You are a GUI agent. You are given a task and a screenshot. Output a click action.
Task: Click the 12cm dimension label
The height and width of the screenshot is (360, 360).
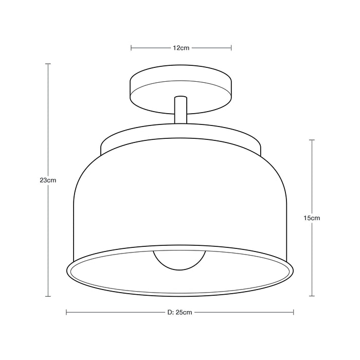click(x=181, y=48)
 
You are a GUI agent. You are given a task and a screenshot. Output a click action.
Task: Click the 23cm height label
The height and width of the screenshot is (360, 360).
click(x=47, y=181)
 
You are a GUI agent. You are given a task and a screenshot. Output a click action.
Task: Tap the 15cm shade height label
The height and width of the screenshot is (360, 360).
click(x=312, y=218)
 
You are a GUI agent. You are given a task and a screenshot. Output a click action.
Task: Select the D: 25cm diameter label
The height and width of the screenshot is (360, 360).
click(x=179, y=312)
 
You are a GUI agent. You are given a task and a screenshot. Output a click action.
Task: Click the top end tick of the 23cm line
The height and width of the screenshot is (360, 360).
click(x=48, y=64)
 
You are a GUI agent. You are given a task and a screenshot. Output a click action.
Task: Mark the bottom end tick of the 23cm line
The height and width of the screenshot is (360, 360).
click(x=48, y=296)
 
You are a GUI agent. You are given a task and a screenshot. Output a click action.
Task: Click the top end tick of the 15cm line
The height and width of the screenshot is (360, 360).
click(x=312, y=139)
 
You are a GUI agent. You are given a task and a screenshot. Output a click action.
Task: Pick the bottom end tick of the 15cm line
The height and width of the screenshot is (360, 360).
click(x=312, y=296)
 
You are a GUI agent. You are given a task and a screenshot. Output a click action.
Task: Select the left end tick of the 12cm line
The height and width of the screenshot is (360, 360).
click(x=132, y=48)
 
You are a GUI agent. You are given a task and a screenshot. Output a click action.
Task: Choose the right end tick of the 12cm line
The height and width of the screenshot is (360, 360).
click(x=231, y=48)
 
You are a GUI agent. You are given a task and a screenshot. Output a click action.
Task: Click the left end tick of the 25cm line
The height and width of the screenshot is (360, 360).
click(x=67, y=312)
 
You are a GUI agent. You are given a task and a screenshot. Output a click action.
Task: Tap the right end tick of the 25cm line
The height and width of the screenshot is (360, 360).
click(x=294, y=312)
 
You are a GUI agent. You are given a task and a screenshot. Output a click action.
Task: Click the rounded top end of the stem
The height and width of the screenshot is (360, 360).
click(x=181, y=98)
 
